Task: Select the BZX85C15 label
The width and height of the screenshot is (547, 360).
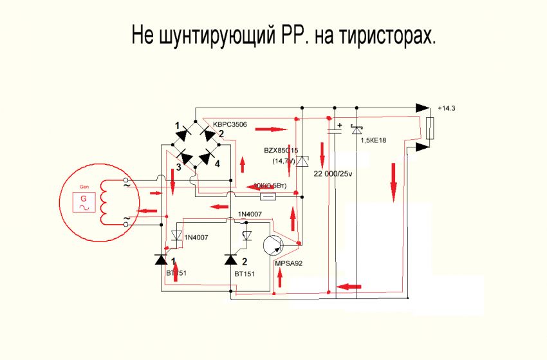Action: click(281, 150)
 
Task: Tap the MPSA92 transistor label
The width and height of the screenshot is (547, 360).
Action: click(289, 263)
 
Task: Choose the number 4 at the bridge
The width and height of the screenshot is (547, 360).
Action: click(218, 164)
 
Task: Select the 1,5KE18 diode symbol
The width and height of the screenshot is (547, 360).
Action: click(357, 131)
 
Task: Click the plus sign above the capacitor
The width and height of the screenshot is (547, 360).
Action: click(340, 125)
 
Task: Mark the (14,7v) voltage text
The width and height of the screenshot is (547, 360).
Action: click(283, 161)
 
